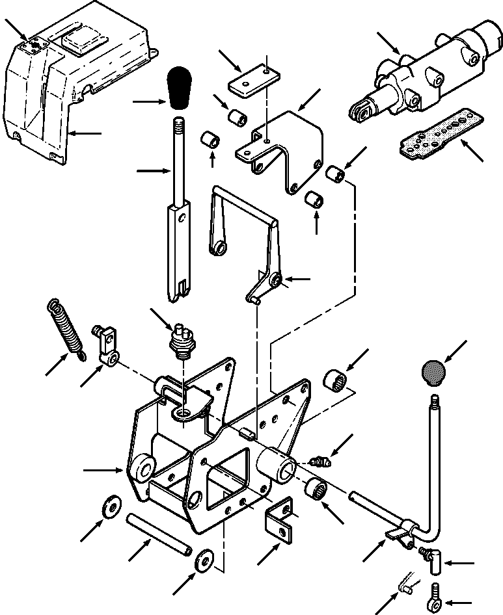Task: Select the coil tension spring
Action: click(66, 328)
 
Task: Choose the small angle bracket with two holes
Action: click(280, 520)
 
